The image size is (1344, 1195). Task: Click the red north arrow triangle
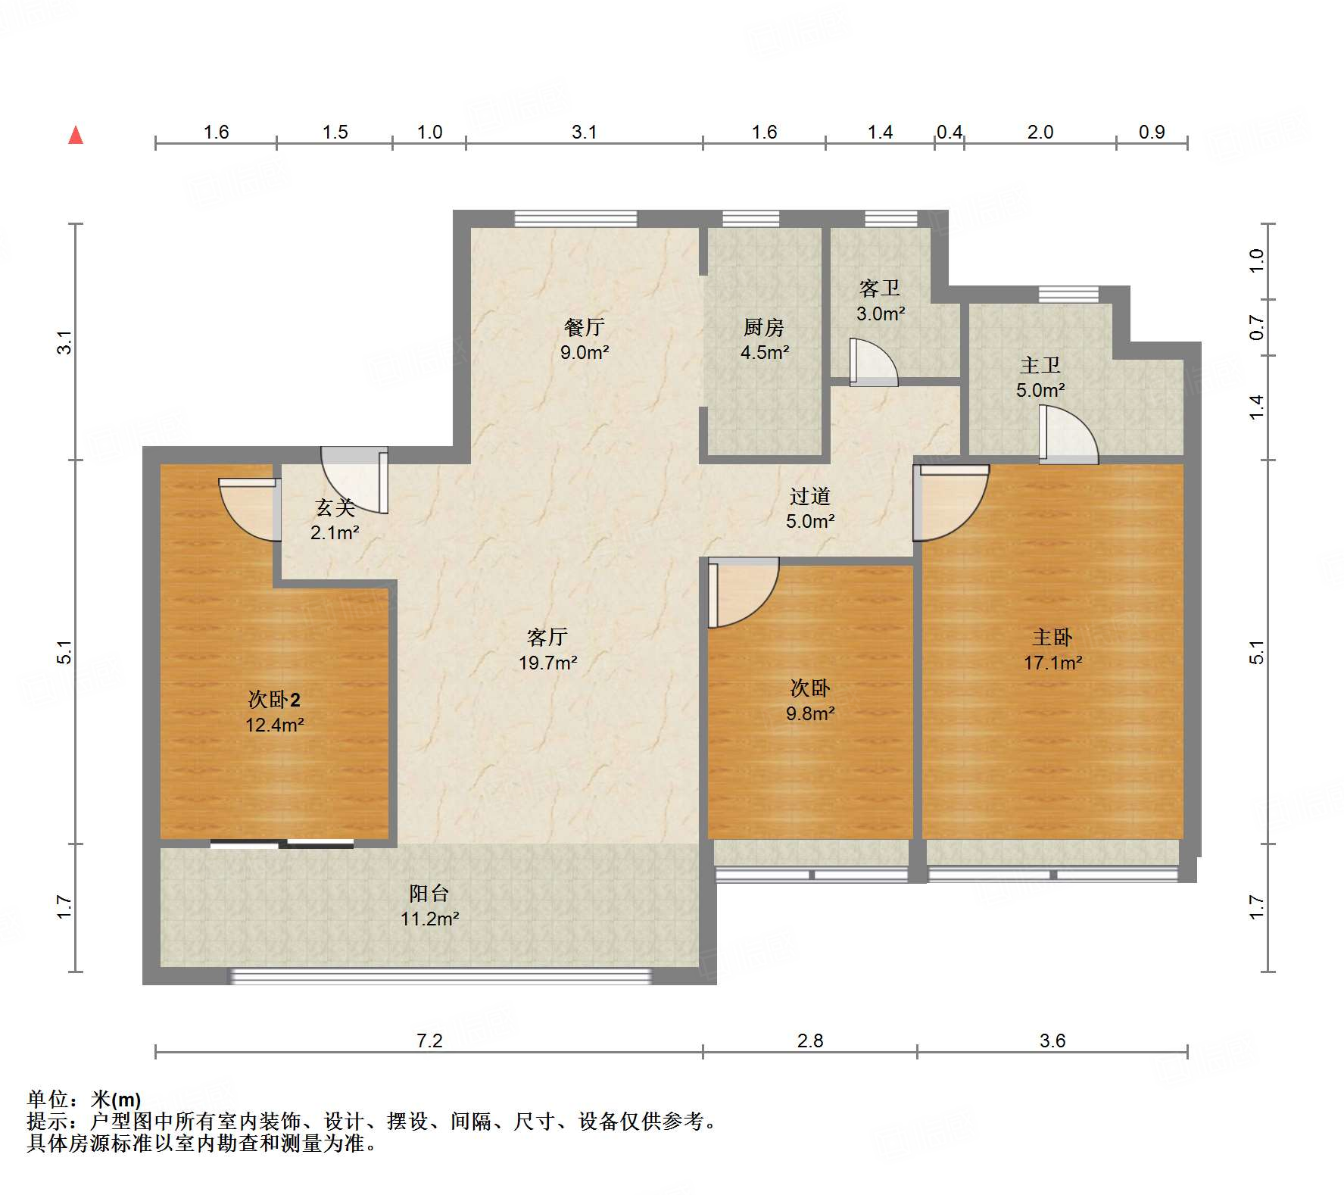[x=76, y=136]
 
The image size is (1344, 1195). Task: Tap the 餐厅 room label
[x=584, y=328]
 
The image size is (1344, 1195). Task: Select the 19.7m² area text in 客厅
[x=547, y=663]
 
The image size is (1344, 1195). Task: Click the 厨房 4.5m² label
[x=764, y=339]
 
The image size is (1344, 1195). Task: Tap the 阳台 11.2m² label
[x=429, y=906]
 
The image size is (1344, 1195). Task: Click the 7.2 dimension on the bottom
[x=429, y=1041]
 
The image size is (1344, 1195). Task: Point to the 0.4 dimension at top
[x=949, y=133]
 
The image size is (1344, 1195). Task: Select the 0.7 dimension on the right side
[x=1257, y=328]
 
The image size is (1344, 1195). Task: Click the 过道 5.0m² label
[x=809, y=508]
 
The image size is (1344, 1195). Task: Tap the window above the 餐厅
[x=575, y=218]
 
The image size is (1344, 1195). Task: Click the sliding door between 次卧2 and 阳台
[x=282, y=843]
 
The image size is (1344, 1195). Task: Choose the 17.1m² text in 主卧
[x=1052, y=663]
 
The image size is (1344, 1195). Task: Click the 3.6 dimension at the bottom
[x=1052, y=1041]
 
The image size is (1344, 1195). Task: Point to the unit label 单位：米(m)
[x=84, y=1099]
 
